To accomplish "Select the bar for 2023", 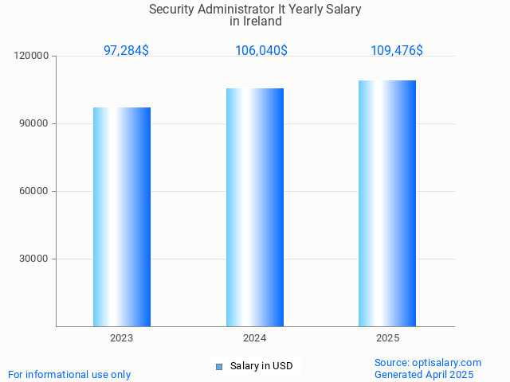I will pos(122,216).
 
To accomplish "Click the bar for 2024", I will pos(255,207).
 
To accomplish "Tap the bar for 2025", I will pos(387,203).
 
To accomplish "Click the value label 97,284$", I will pos(126,51).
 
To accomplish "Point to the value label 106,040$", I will pos(261,51).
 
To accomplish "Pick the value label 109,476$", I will pos(397,51).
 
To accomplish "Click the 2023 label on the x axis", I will pos(122,338).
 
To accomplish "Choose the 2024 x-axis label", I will pos(255,338).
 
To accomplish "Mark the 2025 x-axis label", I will pos(387,338).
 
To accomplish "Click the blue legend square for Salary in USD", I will pos(219,366).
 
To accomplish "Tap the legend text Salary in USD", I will pos(261,366).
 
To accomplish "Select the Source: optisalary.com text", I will pos(428,362).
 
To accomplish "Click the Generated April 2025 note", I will pos(424,374).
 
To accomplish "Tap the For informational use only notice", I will pos(69,374).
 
